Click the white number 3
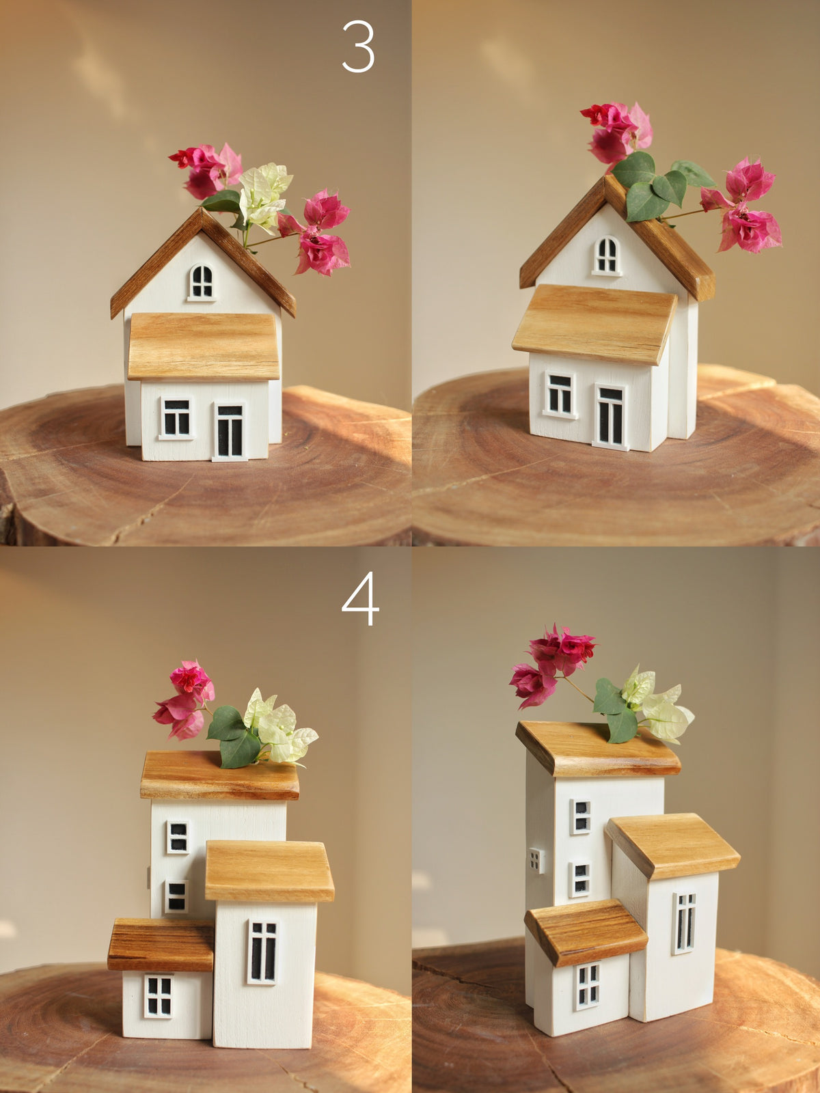[x=358, y=46]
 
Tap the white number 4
[x=360, y=599]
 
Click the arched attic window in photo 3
[x=202, y=281]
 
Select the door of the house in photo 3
[x=230, y=430]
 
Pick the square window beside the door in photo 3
[x=176, y=417]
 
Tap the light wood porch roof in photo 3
[x=204, y=346]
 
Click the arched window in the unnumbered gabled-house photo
[x=606, y=255]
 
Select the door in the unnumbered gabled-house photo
[x=610, y=415]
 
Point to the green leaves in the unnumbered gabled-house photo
[x=649, y=188]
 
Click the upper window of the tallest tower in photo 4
[x=178, y=837]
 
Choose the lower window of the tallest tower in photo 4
[x=176, y=896]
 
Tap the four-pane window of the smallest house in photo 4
[x=159, y=996]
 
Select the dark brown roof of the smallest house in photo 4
[x=161, y=944]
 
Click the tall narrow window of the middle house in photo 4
[x=263, y=951]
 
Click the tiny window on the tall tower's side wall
[x=536, y=860]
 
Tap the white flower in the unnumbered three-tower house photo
[x=656, y=707]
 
